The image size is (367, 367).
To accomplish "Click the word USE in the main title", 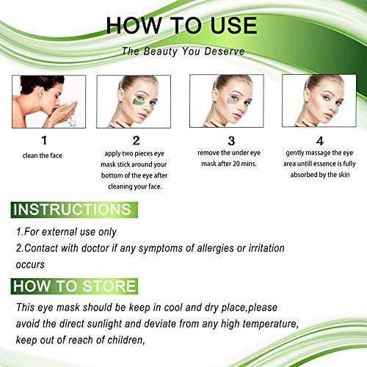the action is click(x=233, y=25).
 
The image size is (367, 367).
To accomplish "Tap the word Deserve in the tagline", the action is click(x=225, y=51).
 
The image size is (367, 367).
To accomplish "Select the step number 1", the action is click(x=44, y=140).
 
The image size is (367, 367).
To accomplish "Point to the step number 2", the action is click(x=136, y=140).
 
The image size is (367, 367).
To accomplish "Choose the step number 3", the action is click(x=231, y=141).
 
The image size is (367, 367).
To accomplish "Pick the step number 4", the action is click(x=320, y=141).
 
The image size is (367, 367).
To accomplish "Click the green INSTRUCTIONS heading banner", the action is click(x=74, y=210).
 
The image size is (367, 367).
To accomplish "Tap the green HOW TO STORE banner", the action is click(x=74, y=286).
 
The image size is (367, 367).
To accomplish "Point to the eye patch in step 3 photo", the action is click(x=232, y=101).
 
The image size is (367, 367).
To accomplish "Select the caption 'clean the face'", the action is click(x=42, y=156).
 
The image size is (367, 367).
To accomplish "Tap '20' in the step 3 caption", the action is click(x=236, y=164).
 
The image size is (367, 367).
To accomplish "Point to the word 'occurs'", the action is click(x=30, y=265).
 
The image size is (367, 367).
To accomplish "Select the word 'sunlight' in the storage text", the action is click(x=104, y=324).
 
